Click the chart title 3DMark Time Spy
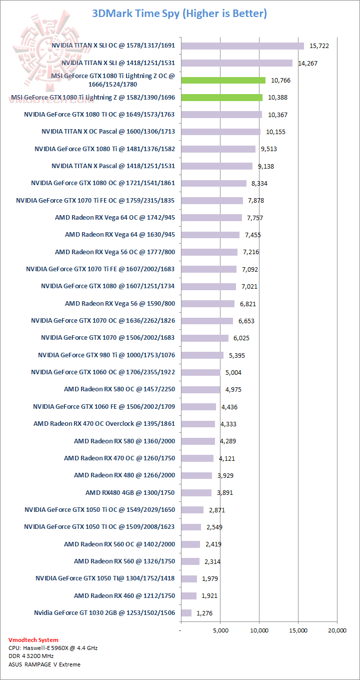point(179,13)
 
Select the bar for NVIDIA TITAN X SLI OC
point(242,46)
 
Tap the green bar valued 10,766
point(223,80)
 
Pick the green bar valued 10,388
point(221,98)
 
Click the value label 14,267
point(308,64)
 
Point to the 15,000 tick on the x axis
point(298,630)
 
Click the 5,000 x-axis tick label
point(220,630)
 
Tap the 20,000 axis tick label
point(336,630)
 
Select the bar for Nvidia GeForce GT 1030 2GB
point(186,613)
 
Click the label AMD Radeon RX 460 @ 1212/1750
point(124,596)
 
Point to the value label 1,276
point(204,613)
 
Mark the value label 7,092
point(249,269)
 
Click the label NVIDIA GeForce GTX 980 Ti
point(106,355)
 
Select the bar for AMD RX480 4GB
point(196,493)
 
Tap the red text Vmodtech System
point(33,640)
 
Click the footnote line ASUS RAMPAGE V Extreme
point(44,664)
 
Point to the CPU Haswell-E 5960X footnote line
point(53,648)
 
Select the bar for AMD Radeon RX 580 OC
point(200,389)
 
